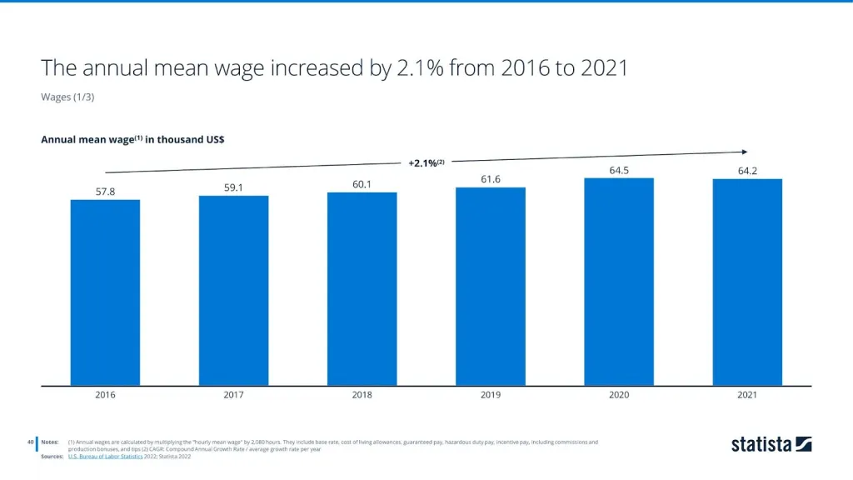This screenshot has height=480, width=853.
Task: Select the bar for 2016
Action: tap(105, 292)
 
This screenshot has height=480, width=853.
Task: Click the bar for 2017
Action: tap(233, 291)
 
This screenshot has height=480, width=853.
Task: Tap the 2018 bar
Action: tap(362, 289)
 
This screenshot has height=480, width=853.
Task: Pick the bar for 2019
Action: tap(491, 287)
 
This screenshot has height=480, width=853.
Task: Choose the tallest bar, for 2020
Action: tap(619, 282)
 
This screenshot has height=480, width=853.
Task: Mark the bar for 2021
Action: tap(747, 282)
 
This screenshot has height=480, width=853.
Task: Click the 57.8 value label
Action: tap(105, 192)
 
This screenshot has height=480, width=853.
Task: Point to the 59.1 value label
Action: tap(233, 187)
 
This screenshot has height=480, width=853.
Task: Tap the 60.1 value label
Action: tap(362, 184)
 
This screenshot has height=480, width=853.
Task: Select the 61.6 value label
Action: tap(491, 179)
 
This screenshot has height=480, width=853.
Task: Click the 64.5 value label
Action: tap(619, 170)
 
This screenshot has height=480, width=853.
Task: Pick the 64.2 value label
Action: tap(747, 171)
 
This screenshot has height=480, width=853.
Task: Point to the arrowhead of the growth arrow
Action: tap(744, 152)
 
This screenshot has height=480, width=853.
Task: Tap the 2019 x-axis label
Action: tap(491, 395)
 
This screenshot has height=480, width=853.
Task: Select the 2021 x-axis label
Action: tap(747, 395)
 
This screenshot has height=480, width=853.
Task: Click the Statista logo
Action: tap(771, 444)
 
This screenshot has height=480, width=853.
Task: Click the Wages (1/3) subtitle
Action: tap(67, 97)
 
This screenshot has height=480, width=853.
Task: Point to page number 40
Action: tap(30, 442)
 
